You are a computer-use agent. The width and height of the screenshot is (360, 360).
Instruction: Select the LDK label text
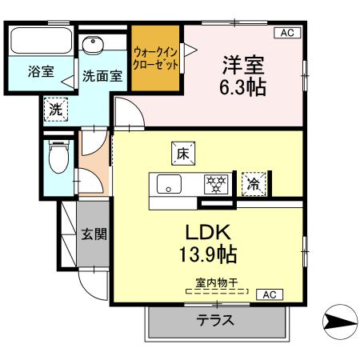point(209,233)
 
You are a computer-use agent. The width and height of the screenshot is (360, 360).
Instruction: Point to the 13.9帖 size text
point(209,257)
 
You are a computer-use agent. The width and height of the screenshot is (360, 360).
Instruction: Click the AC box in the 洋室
point(286,32)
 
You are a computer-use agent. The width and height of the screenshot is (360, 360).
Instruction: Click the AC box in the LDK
point(269,294)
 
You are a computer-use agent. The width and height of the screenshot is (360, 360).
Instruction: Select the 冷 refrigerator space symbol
point(252,182)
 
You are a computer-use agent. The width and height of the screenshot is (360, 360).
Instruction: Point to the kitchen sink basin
point(170,183)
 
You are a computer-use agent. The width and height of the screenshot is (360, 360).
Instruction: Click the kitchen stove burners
point(214,183)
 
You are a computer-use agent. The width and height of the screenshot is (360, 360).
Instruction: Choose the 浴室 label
point(40,72)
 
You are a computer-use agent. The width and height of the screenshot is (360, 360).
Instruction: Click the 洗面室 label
point(102,77)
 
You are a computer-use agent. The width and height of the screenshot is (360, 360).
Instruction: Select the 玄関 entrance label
point(94,235)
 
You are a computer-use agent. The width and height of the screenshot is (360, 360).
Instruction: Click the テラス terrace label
point(215,321)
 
